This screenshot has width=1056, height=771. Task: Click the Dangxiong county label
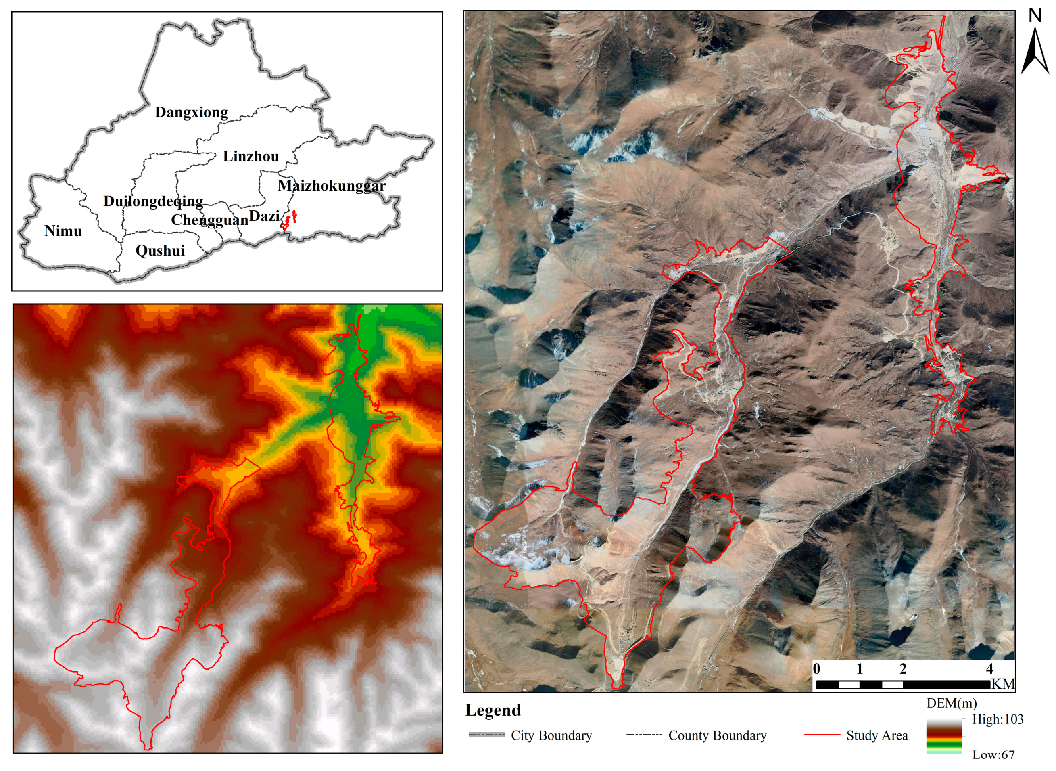click(191, 113)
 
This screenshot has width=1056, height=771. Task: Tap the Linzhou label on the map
click(251, 156)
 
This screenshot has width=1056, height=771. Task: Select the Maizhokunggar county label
click(332, 186)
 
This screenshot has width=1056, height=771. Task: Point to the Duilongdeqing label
click(153, 201)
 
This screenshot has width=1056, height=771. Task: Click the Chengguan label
click(209, 220)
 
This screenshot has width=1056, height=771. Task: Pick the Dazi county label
click(264, 216)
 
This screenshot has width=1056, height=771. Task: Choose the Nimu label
click(63, 231)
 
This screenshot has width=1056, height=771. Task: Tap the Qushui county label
click(160, 251)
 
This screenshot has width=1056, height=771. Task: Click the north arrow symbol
click(1035, 51)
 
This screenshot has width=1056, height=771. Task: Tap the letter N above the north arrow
click(1035, 16)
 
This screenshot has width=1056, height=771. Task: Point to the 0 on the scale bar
click(816, 669)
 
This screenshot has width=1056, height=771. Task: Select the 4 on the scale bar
click(989, 669)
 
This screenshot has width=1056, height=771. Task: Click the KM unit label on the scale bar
click(1003, 684)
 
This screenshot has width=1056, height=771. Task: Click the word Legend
click(493, 710)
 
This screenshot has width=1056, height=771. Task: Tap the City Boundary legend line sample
click(487, 735)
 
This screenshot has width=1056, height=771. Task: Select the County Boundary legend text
click(717, 735)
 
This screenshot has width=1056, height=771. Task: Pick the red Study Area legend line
click(822, 735)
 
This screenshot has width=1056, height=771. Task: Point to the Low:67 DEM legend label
click(993, 755)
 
